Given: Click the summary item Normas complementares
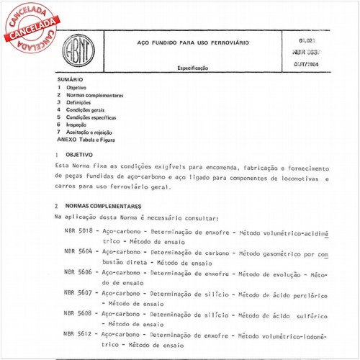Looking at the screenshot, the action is coord(94,95).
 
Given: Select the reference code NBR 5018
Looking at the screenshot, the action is coord(79,233).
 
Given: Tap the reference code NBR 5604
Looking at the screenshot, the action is coord(79,253).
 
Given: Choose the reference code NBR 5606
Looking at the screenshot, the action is coord(79,274).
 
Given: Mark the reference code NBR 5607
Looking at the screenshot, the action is coord(79,294).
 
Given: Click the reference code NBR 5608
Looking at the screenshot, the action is coord(79,314).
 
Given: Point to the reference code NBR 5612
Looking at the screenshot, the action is coord(79,334).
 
